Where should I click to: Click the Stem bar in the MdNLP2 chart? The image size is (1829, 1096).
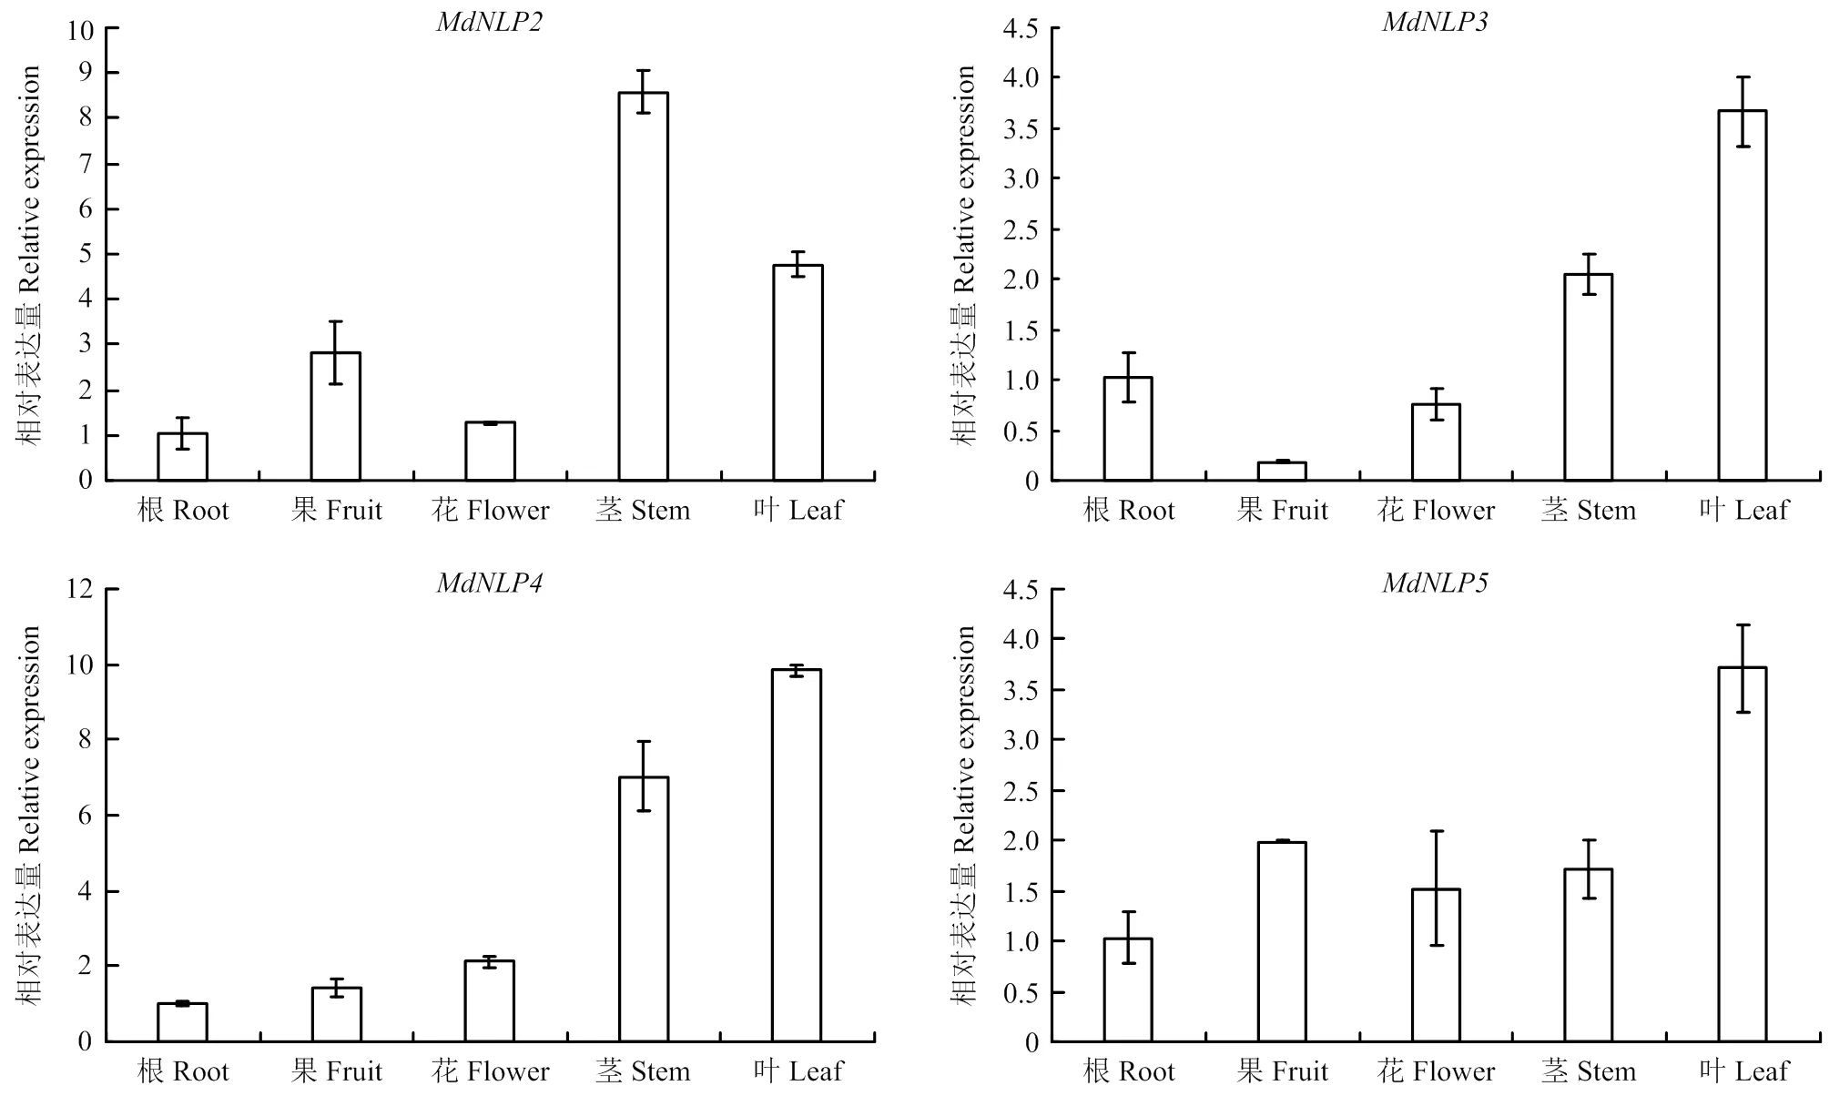643,286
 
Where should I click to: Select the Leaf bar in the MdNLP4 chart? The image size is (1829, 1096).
797,855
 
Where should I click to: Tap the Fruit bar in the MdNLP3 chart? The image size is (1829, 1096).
1282,471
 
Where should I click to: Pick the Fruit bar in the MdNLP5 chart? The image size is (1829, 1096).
1282,941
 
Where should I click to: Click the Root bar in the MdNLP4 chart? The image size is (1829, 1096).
182,1021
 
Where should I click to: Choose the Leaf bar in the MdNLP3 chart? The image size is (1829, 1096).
1743,295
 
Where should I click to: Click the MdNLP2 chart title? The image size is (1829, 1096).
489,22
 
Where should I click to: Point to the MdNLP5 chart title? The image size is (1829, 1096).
1435,583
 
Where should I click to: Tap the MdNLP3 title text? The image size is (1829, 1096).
1435,22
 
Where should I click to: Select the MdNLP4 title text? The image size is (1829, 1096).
489,583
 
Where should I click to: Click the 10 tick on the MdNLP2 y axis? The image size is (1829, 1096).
80,30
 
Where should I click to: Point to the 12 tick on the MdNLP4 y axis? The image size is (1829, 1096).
80,590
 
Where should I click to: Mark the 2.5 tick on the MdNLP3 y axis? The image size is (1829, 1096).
1021,229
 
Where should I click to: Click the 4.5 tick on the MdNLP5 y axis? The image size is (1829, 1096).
1021,590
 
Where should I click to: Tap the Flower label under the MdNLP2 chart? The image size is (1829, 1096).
491,510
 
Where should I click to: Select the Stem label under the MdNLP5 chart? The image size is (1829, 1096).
1589,1071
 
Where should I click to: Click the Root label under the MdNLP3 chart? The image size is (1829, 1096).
1129,510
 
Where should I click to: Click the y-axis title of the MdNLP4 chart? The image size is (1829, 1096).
30,815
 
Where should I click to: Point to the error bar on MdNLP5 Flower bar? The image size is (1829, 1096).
1436,888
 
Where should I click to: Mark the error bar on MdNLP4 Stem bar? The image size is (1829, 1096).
644,776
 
